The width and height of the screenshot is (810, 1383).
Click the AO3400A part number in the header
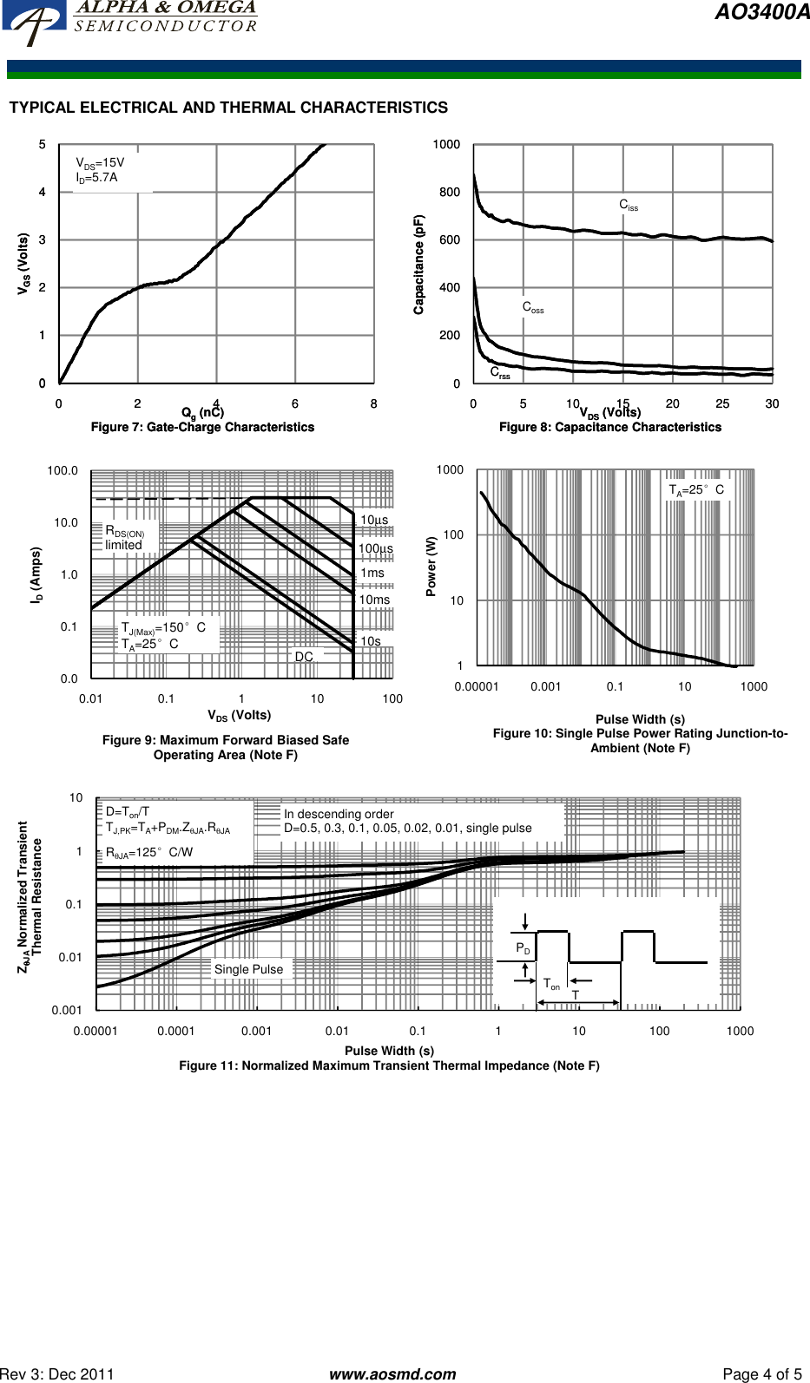[x=761, y=12]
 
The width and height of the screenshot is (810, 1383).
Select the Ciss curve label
[x=628, y=206]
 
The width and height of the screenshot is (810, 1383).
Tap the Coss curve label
[x=532, y=307]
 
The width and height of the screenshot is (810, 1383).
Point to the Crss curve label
[x=500, y=373]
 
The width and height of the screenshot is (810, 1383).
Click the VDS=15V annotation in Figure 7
[x=100, y=162]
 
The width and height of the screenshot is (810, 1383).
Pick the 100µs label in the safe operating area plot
[x=375, y=548]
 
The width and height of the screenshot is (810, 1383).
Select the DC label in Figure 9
[x=304, y=657]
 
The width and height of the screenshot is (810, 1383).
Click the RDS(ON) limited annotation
[x=124, y=537]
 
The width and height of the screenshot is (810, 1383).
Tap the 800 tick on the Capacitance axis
[x=450, y=192]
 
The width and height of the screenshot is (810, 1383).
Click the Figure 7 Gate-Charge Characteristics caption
[x=202, y=427]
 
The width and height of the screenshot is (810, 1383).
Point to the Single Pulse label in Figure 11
[x=248, y=969]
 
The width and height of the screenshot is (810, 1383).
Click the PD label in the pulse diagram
[x=523, y=948]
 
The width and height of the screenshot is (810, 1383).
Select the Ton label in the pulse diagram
[x=551, y=984]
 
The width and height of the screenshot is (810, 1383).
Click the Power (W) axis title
[x=431, y=566]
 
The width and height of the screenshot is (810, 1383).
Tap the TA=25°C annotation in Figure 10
[x=695, y=489]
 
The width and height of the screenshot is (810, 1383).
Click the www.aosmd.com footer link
[x=392, y=1373]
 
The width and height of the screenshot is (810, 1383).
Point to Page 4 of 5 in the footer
[x=762, y=1373]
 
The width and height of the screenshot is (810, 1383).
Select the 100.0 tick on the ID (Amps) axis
[x=63, y=470]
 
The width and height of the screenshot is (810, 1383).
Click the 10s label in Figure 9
[x=371, y=641]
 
